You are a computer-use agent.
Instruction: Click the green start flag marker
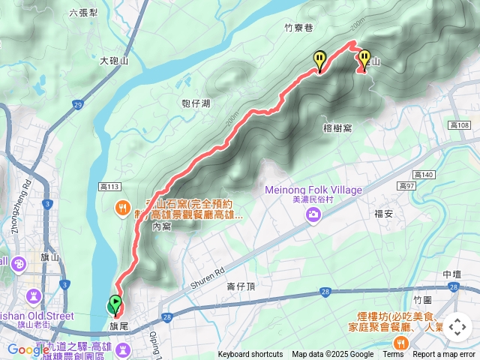click(x=115, y=304)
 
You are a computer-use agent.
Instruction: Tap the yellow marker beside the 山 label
click(x=364, y=58)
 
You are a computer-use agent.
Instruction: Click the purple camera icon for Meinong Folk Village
click(x=313, y=216)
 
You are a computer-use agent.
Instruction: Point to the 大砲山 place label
click(x=114, y=61)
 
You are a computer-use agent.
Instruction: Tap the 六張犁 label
click(x=82, y=13)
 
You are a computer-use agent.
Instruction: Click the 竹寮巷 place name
click(x=298, y=28)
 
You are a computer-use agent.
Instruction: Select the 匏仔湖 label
click(x=196, y=103)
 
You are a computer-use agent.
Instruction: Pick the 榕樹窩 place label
click(x=337, y=128)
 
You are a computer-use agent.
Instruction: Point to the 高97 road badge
click(x=406, y=185)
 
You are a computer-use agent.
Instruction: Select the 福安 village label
click(x=384, y=214)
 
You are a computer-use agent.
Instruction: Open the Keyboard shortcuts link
click(x=250, y=355)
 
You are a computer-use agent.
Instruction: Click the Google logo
click(x=28, y=349)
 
